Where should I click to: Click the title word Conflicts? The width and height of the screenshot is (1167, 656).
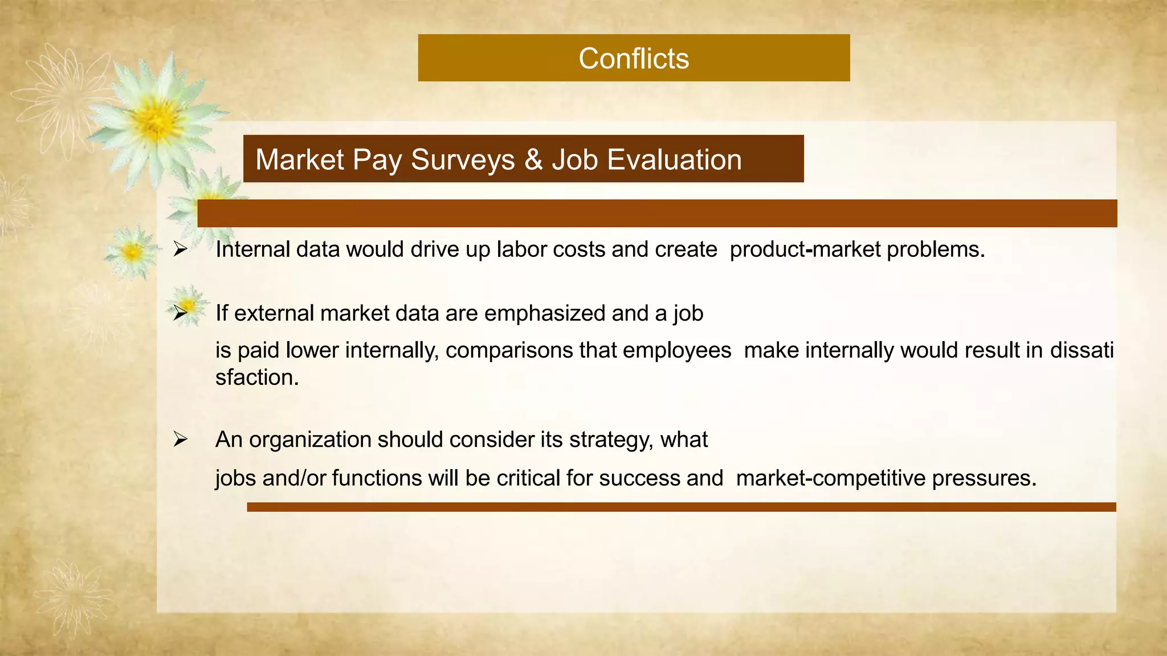(x=634, y=59)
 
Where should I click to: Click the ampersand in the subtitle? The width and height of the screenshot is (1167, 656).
(x=533, y=159)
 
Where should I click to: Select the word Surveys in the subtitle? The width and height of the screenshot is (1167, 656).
(x=463, y=160)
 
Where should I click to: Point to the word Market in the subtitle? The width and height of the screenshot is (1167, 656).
(x=300, y=159)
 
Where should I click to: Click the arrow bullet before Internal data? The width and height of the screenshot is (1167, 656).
(x=181, y=249)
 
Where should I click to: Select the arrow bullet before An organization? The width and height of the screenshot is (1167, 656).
(x=181, y=439)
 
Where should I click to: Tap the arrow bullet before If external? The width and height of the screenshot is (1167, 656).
(x=181, y=313)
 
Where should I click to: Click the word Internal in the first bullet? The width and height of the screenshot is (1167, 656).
(x=253, y=249)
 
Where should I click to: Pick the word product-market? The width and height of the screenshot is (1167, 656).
(x=805, y=249)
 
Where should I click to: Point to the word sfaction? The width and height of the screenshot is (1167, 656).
(x=257, y=377)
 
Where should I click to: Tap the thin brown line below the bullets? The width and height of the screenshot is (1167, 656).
(x=681, y=507)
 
